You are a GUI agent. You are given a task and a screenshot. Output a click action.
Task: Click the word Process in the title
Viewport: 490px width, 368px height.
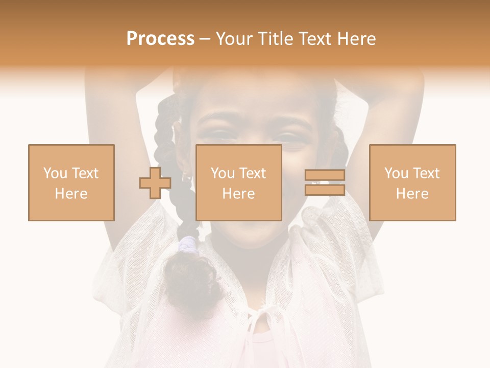pyautogui.click(x=160, y=39)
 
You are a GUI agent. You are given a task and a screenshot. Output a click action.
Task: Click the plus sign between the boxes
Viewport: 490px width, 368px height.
pyautogui.click(x=155, y=182)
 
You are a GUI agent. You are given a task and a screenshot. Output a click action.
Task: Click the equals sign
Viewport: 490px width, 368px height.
pyautogui.click(x=325, y=182)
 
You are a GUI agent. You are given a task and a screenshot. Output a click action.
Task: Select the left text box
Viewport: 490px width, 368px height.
pyautogui.click(x=71, y=182)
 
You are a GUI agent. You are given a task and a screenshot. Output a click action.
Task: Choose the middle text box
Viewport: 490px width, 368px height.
pyautogui.click(x=239, y=182)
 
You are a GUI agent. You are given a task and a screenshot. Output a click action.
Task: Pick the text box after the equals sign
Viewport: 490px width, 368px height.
pyautogui.click(x=412, y=182)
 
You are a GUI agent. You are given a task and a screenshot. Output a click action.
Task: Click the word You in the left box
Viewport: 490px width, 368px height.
pyautogui.click(x=55, y=173)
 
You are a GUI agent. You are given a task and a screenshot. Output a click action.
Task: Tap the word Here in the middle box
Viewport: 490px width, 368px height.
pyautogui.click(x=239, y=194)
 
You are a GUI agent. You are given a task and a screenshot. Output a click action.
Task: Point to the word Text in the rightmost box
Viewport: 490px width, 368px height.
pyautogui.click(x=427, y=173)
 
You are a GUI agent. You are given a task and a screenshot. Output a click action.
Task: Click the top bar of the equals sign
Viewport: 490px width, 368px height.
pyautogui.click(x=325, y=175)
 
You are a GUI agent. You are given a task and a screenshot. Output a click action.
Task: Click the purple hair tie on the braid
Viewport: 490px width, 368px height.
pyautogui.click(x=189, y=244)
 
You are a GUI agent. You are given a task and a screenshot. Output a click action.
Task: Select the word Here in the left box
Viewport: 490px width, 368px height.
pyautogui.click(x=71, y=194)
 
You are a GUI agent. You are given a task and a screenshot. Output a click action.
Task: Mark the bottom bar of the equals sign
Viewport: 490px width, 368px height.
pyautogui.click(x=325, y=190)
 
